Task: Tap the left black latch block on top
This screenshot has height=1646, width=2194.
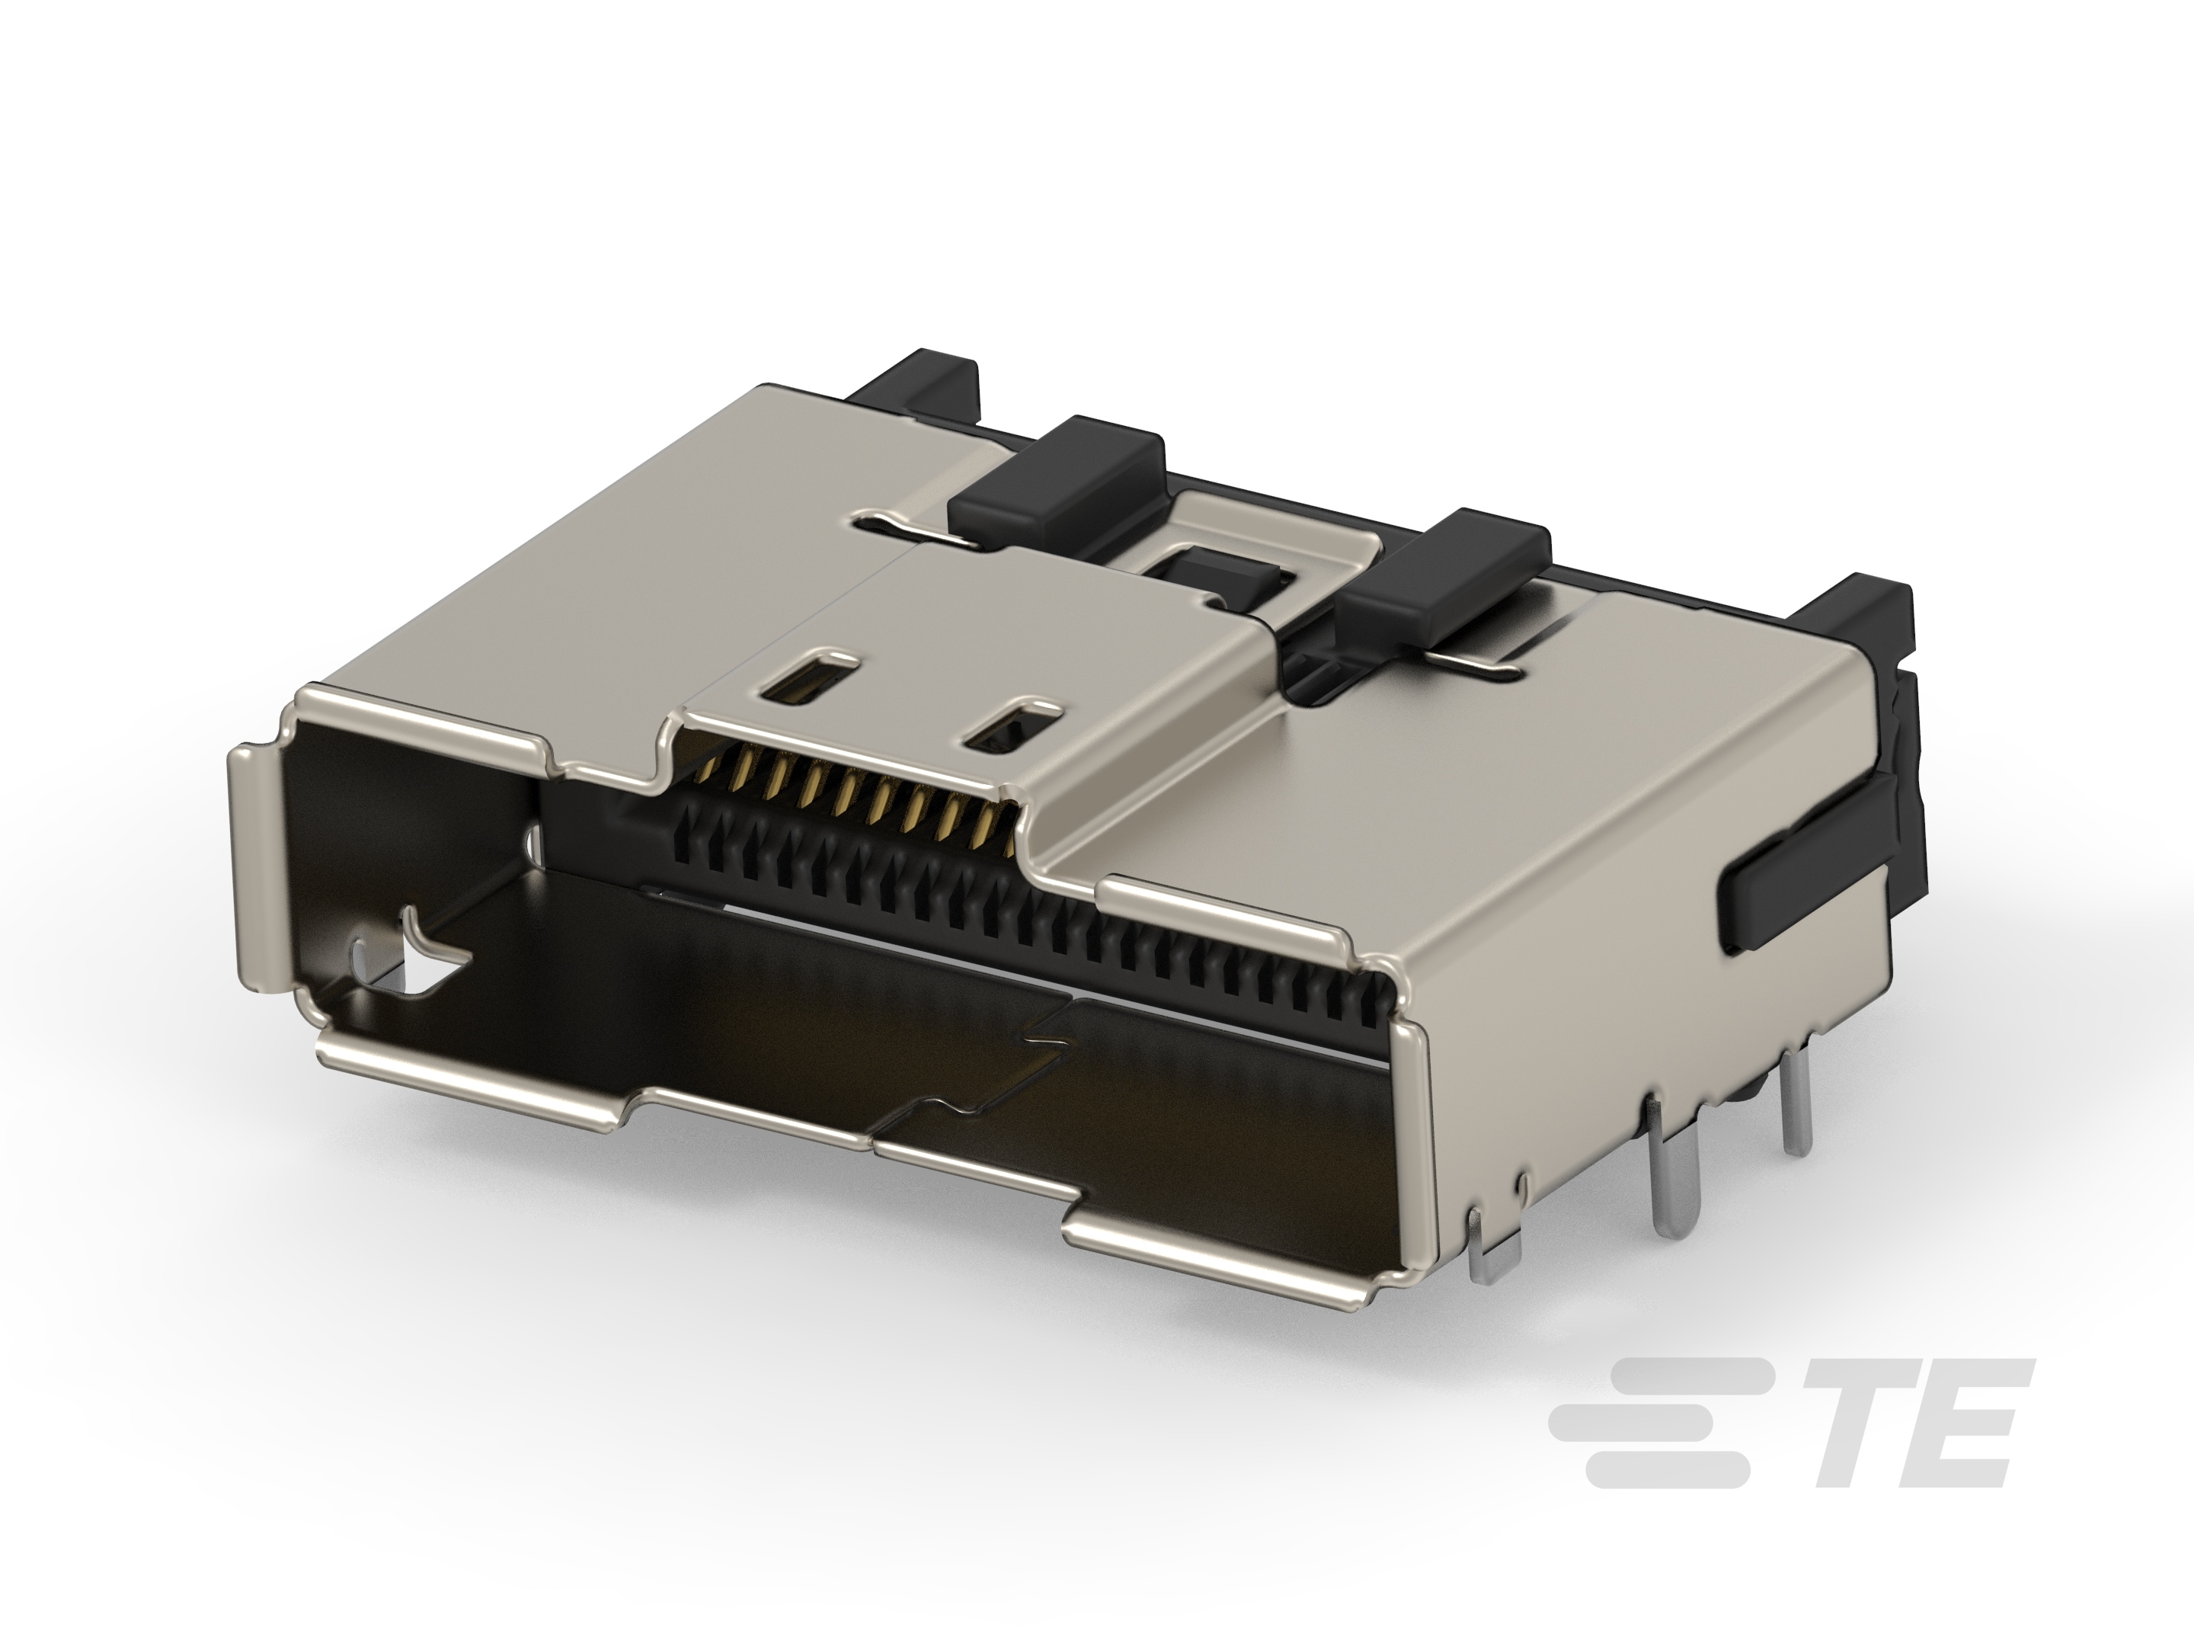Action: point(1057,480)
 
